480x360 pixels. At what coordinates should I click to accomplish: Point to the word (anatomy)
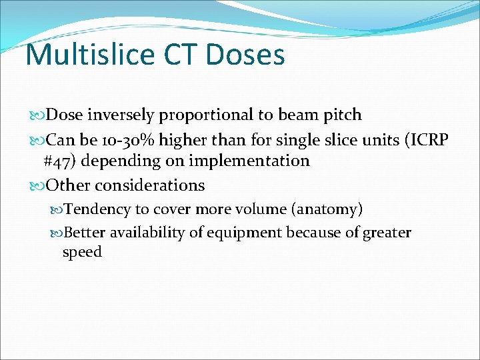[327, 209]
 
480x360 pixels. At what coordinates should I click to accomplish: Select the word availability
[148, 233]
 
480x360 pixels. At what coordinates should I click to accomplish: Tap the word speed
[82, 252]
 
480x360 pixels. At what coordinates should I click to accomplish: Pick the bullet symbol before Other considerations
[35, 185]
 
